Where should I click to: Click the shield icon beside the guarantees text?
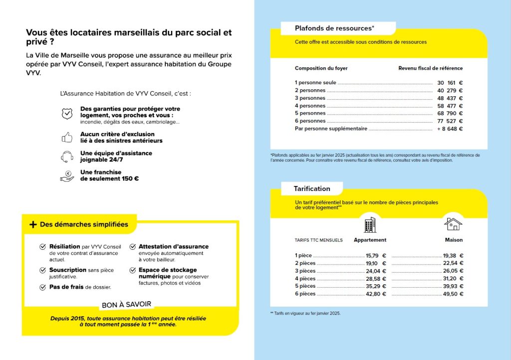tap(66, 114)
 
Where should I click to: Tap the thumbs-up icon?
tap(66, 138)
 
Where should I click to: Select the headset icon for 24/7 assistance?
tap(66, 157)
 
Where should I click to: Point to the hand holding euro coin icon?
tap(66, 176)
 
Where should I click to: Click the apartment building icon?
tap(370, 225)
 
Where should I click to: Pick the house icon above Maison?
tap(453, 224)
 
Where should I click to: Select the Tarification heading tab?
tap(312, 188)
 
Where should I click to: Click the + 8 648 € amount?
tap(450, 129)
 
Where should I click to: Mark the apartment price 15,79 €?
tap(376, 256)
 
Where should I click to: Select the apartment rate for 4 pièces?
tap(376, 279)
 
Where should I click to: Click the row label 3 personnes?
tap(310, 98)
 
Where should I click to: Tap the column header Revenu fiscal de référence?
tap(430, 68)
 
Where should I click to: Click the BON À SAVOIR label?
tap(126, 305)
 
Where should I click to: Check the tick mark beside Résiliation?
tap(43, 247)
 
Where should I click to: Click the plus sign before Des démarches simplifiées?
tap(33, 224)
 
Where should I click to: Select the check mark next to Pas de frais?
tap(43, 287)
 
